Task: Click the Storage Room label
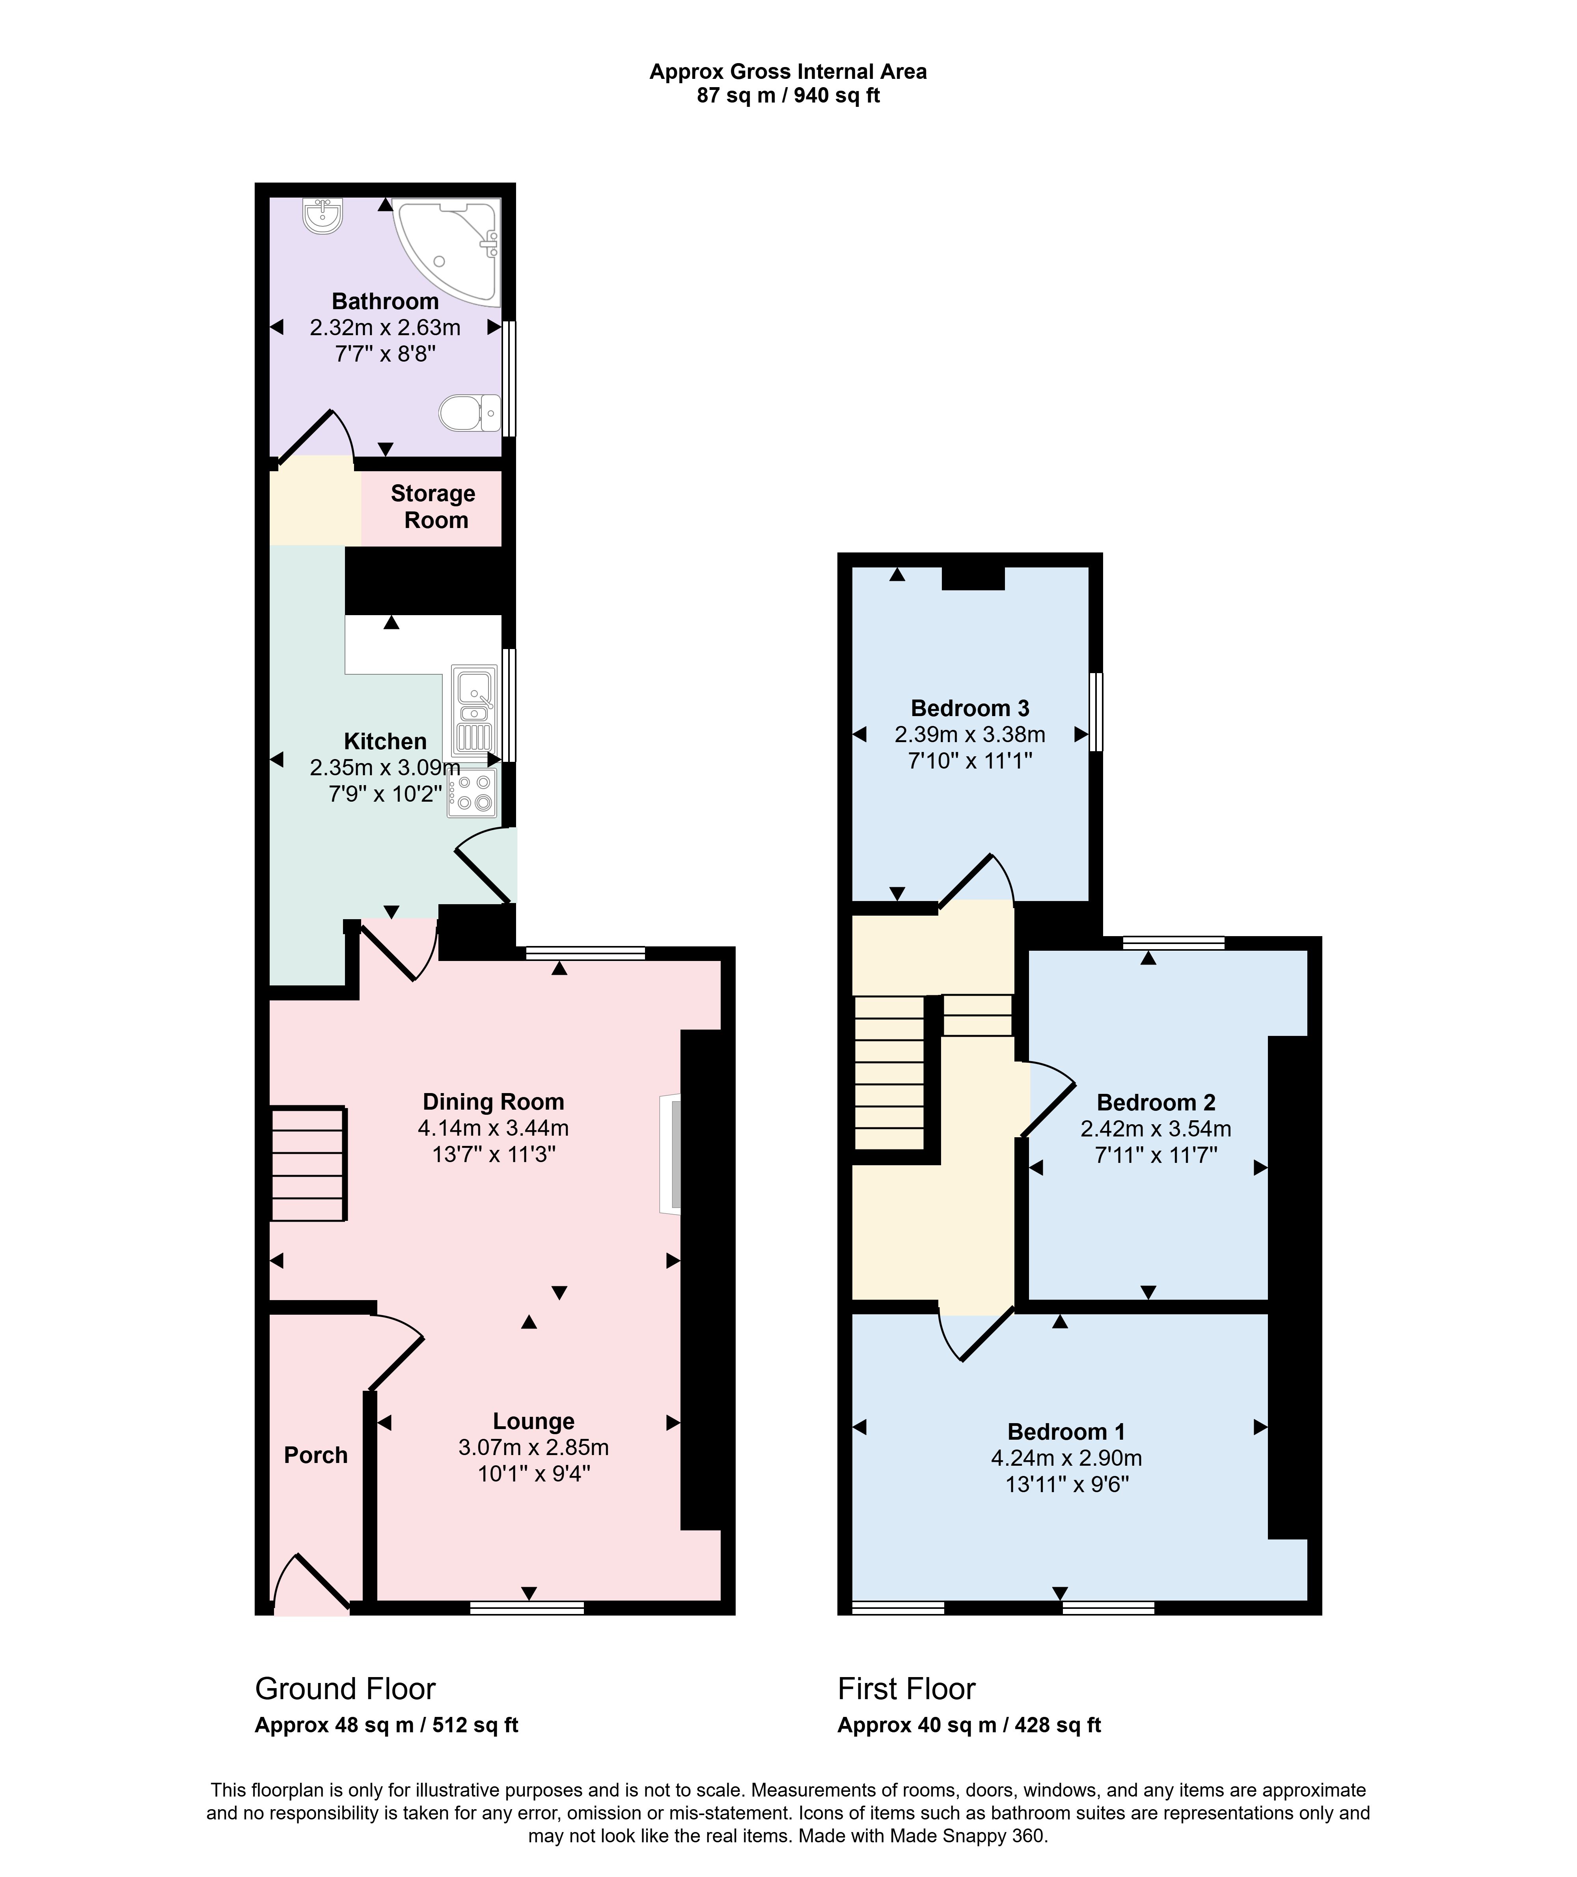pos(434,507)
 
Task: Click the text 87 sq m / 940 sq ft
pos(788,96)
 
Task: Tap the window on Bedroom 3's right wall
pos(1096,712)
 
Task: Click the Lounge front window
pos(528,1608)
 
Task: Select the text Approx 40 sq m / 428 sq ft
pos(969,1725)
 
